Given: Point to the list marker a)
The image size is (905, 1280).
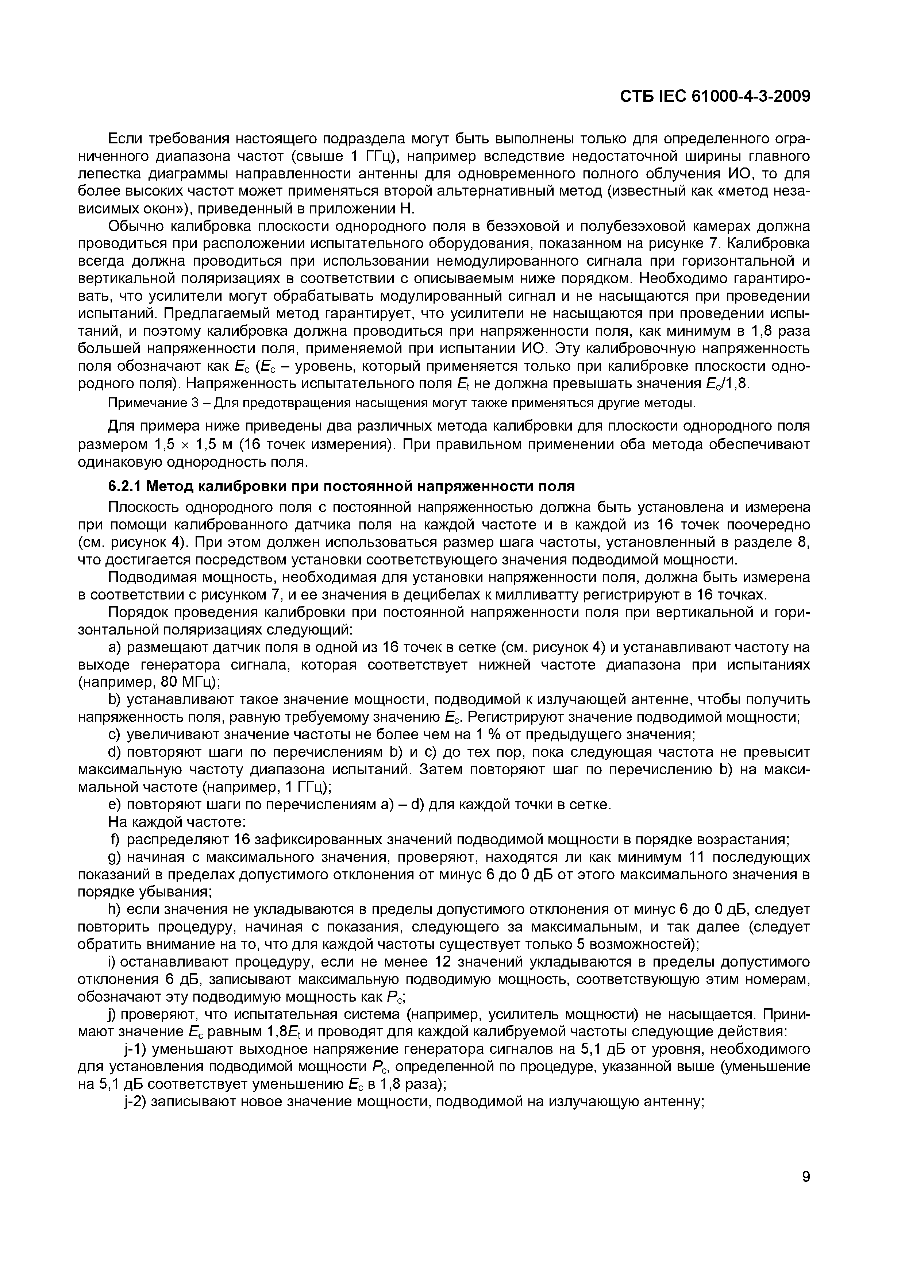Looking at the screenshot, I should pos(115,647).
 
